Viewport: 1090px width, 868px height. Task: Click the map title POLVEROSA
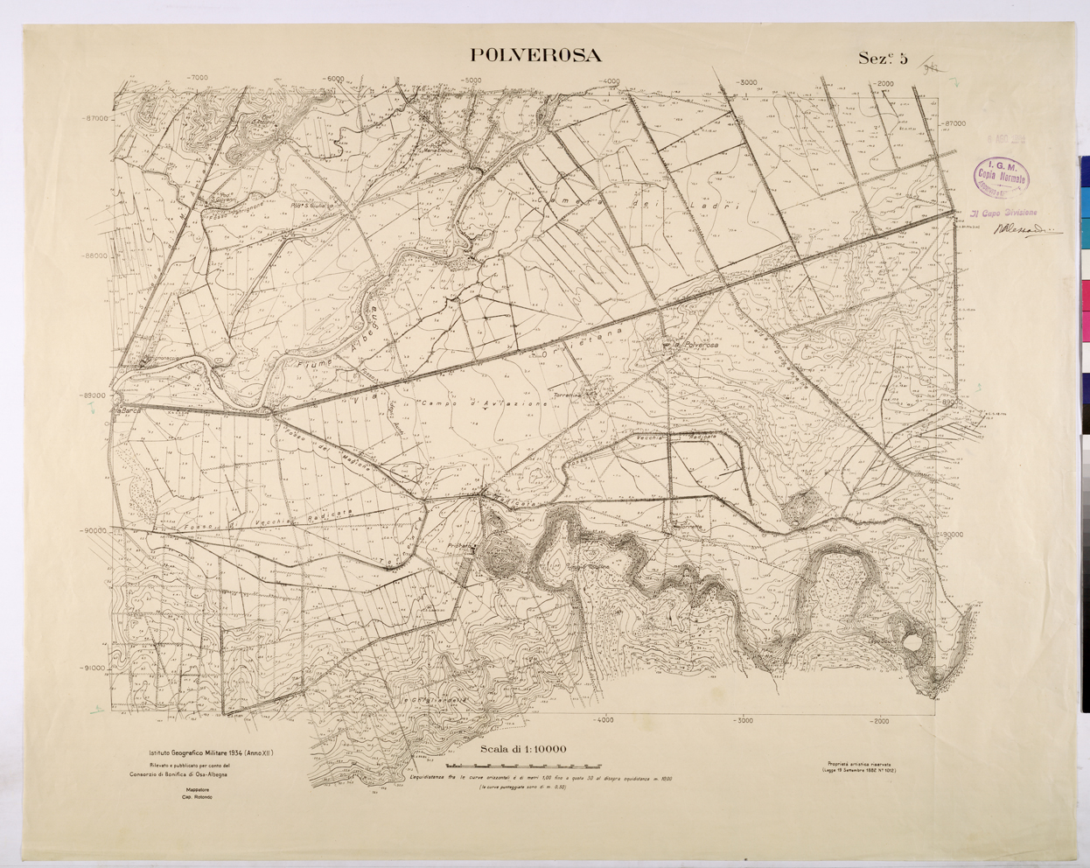(x=535, y=55)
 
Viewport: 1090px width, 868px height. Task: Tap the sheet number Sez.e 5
(x=883, y=59)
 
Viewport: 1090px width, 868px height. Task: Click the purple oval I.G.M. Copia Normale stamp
(x=1001, y=175)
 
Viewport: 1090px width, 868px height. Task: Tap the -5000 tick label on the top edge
(x=471, y=80)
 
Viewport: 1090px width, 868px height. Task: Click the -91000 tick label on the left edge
(x=91, y=668)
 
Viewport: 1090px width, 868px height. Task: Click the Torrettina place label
(x=568, y=395)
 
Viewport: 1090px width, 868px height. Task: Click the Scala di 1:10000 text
(x=524, y=749)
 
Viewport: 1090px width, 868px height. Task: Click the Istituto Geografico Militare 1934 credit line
(x=205, y=752)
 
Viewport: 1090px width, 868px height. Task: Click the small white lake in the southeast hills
(x=913, y=643)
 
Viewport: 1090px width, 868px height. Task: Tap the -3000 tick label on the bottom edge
(x=743, y=721)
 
